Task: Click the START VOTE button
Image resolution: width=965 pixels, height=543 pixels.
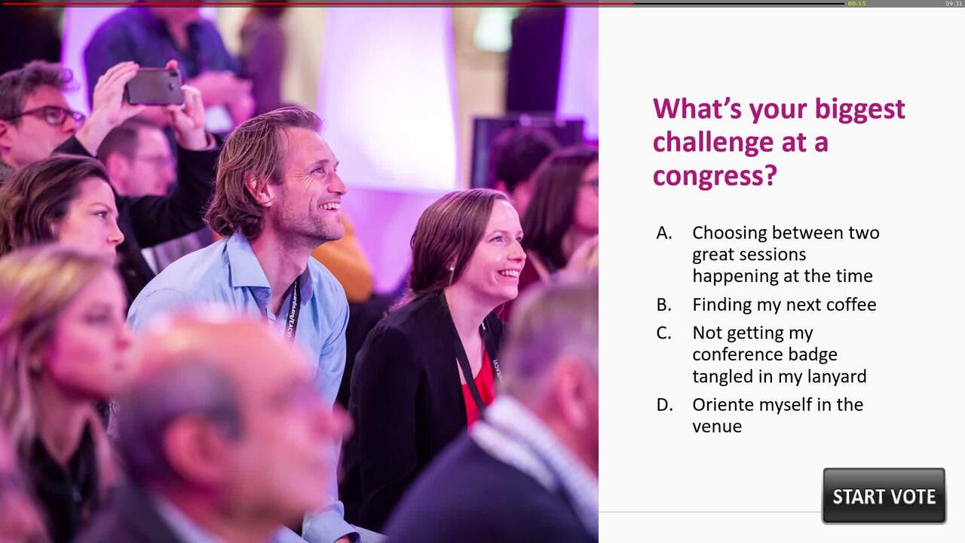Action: tap(884, 496)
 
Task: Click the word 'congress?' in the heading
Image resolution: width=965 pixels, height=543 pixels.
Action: tap(714, 176)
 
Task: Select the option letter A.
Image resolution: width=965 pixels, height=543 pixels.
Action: tap(663, 233)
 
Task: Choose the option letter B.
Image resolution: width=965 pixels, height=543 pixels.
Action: tap(663, 305)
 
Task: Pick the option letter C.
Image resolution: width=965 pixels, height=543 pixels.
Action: tap(663, 333)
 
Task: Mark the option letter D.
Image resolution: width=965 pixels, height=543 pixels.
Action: tap(664, 405)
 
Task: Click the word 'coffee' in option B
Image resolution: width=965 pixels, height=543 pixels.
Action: tap(850, 305)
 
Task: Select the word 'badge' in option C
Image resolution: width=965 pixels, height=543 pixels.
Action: tap(813, 354)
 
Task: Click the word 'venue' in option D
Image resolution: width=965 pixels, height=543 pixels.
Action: tap(717, 427)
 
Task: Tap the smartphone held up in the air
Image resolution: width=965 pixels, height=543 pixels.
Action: tap(154, 86)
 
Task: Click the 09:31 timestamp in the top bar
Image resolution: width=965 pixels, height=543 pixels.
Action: tap(954, 4)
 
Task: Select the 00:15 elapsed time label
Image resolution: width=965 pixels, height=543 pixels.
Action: tap(856, 4)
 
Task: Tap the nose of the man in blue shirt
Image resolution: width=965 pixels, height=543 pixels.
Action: tap(339, 185)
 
